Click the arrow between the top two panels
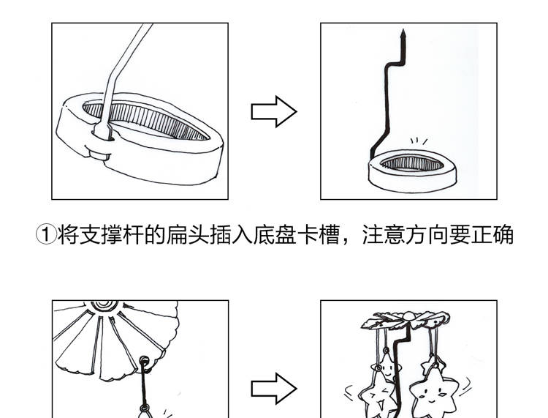pos(274,112)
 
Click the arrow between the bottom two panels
pos(274,388)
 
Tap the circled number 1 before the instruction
pos(46,235)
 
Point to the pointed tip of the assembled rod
pos(401,33)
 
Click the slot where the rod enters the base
pos(102,133)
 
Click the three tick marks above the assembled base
pos(418,141)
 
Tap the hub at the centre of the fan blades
pos(102,305)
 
